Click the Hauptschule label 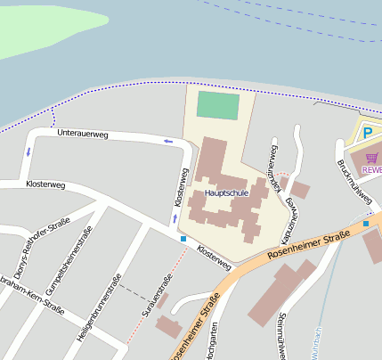(226, 192)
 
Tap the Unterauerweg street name (82, 134)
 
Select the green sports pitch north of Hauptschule (218, 105)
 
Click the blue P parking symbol (366, 134)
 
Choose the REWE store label (371, 169)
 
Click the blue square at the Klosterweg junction (183, 239)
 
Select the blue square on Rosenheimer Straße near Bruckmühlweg (365, 223)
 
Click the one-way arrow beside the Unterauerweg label (167, 141)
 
